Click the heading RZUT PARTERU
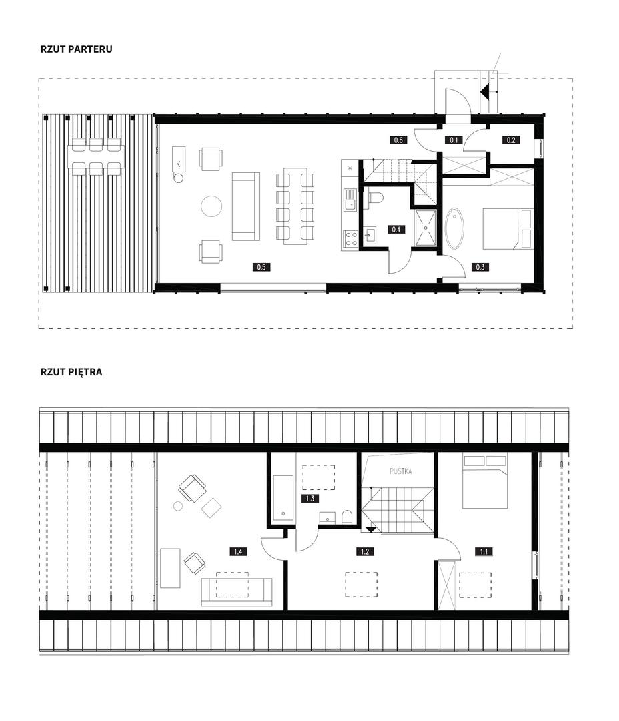pyautogui.click(x=76, y=49)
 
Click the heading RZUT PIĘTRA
pyautogui.click(x=71, y=372)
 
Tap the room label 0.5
pyautogui.click(x=261, y=266)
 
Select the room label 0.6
pyautogui.click(x=398, y=140)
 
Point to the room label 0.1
pyautogui.click(x=454, y=140)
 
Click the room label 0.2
pyautogui.click(x=511, y=140)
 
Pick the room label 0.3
pyautogui.click(x=480, y=266)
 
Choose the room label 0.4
pyautogui.click(x=396, y=229)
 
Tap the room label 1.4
pyautogui.click(x=238, y=551)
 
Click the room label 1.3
pyautogui.click(x=310, y=499)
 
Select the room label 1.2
pyautogui.click(x=365, y=551)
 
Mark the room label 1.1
pyautogui.click(x=484, y=551)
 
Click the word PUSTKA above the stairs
pyautogui.click(x=401, y=471)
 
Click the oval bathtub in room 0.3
pyautogui.click(x=454, y=228)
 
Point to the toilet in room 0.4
pyautogui.click(x=375, y=197)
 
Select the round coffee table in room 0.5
pyautogui.click(x=211, y=206)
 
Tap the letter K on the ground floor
pyautogui.click(x=178, y=164)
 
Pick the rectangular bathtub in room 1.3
pyautogui.click(x=283, y=499)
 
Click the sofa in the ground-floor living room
pyautogui.click(x=246, y=206)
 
